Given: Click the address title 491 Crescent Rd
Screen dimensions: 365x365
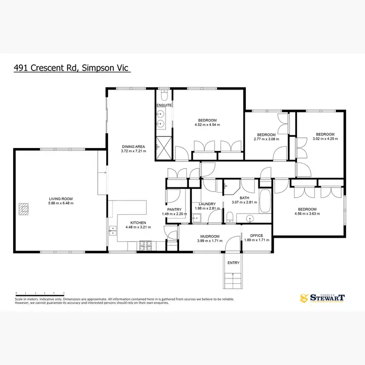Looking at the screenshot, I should pos(72,68).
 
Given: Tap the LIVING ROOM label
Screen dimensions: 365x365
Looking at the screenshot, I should pos(60,199).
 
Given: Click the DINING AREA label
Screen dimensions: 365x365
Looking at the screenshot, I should pos(133,146).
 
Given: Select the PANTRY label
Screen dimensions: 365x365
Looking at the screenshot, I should pos(174,210).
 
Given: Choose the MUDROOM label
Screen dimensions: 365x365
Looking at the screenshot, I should pos(208,237).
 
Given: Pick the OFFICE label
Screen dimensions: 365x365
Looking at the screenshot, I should pos(257,236).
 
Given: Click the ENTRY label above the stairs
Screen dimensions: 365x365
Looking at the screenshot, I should pos(234,263).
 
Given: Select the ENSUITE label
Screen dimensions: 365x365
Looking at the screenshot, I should pos(163,105).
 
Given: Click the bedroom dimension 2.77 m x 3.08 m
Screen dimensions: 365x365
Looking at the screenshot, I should pos(266,139).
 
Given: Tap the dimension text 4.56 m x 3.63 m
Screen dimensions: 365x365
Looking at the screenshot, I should pos(308,215).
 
